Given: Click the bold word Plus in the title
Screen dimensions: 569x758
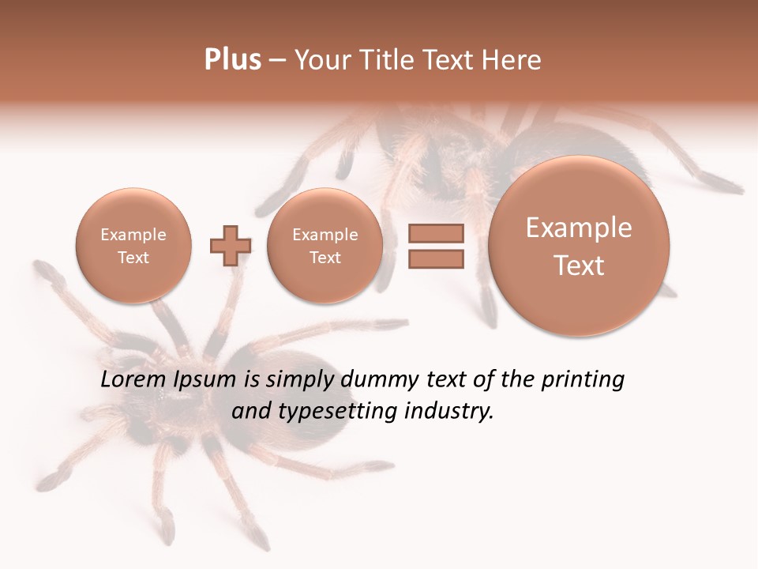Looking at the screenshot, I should point(232,59).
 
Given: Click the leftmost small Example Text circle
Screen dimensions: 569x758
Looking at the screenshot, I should point(133,246).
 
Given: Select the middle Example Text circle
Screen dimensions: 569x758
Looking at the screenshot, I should point(325,246).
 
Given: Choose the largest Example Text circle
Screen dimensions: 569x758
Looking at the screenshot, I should point(579,246).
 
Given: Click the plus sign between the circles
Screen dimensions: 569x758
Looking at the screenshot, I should point(230,246).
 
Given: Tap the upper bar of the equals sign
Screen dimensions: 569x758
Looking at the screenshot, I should point(436,233).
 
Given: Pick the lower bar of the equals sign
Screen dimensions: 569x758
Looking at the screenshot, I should point(436,258).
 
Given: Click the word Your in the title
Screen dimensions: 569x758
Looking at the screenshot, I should point(324,59).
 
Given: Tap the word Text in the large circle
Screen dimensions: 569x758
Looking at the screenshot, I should point(579,266).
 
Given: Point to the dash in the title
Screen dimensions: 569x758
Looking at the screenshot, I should point(277,61).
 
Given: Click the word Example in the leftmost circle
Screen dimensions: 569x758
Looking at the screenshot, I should point(133,235).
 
